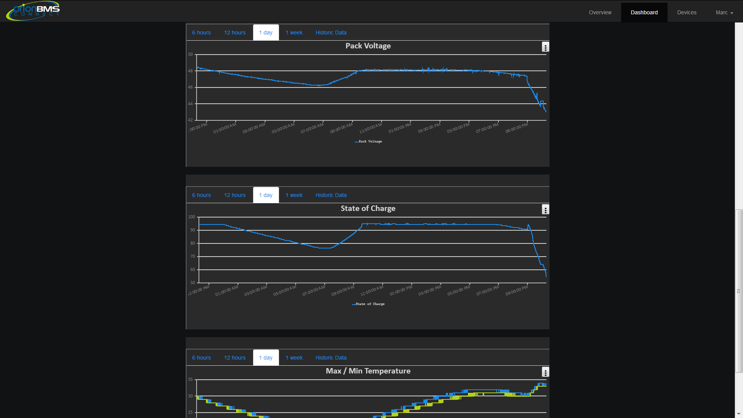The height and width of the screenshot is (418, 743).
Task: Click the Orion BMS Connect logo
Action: (x=33, y=11)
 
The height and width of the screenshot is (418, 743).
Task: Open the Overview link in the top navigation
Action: (x=600, y=12)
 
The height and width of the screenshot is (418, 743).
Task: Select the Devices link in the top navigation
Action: (x=687, y=12)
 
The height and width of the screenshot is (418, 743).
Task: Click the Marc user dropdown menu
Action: (x=724, y=12)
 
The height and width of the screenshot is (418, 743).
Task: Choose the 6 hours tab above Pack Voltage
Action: (x=201, y=33)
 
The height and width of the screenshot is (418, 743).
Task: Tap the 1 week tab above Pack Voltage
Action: (x=294, y=33)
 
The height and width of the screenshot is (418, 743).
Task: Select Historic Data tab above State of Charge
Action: (x=331, y=195)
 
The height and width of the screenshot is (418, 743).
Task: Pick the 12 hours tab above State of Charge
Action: (x=235, y=195)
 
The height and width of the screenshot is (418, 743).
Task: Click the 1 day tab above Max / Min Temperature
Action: (x=266, y=358)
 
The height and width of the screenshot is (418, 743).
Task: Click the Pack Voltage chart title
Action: (x=368, y=46)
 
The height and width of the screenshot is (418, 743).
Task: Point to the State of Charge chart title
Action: (x=368, y=208)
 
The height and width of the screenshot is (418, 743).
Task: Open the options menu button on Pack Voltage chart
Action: (x=545, y=47)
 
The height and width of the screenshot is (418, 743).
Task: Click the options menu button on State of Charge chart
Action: (x=545, y=209)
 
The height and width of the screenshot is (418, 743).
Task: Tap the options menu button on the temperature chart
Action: (x=545, y=372)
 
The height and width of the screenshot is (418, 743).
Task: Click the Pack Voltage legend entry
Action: (x=370, y=141)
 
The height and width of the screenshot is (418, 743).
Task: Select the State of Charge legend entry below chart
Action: (x=370, y=304)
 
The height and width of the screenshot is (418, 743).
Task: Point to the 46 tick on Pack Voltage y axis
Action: (x=190, y=87)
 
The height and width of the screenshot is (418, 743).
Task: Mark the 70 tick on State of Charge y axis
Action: (x=192, y=257)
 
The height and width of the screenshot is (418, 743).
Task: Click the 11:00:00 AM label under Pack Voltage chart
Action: (x=371, y=128)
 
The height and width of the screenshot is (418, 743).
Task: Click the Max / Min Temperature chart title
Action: (x=368, y=371)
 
